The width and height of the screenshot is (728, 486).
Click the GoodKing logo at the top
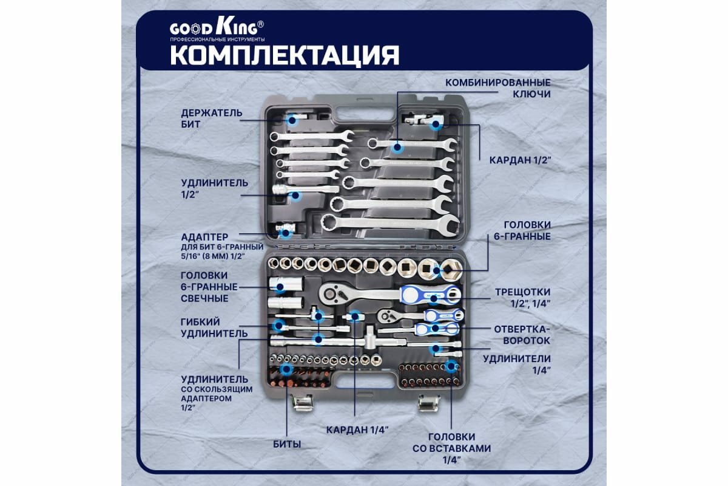coord(217,29)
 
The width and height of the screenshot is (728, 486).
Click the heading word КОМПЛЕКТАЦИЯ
coord(284,55)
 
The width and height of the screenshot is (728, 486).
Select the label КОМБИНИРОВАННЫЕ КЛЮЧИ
coord(498,88)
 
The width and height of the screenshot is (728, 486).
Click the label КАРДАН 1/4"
coord(357,429)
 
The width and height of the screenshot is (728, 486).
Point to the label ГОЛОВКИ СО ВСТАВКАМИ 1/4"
coord(451,448)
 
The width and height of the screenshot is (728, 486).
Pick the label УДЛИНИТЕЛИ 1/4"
coord(517,364)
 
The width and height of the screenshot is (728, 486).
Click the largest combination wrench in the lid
coord(390,223)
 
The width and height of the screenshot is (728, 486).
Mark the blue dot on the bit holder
coord(292,120)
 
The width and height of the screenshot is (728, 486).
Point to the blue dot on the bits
coord(286,369)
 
